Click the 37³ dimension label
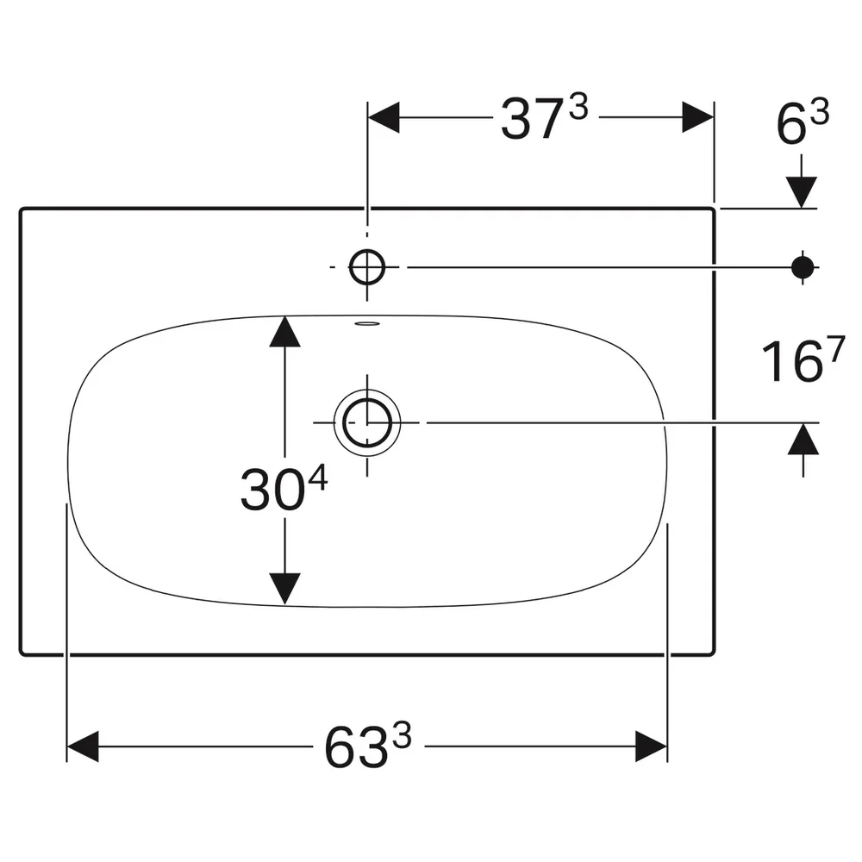pyautogui.click(x=544, y=118)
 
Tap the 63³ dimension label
pyautogui.click(x=367, y=746)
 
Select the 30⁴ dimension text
pyautogui.click(x=284, y=489)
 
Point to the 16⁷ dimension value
pyautogui.click(x=803, y=360)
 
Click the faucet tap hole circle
pyautogui.click(x=367, y=267)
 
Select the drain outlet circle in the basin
pyautogui.click(x=367, y=422)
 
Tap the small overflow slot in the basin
pyautogui.click(x=367, y=323)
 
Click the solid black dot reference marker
pyautogui.click(x=803, y=267)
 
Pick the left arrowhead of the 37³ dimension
pyautogui.click(x=384, y=117)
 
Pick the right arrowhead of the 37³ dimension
pyautogui.click(x=697, y=117)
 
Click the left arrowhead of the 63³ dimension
pyautogui.click(x=83, y=746)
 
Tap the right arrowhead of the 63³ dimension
pyautogui.click(x=651, y=746)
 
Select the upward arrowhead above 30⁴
pyautogui.click(x=284, y=332)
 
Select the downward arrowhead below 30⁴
pyautogui.click(x=284, y=589)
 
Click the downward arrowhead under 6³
pyautogui.click(x=801, y=192)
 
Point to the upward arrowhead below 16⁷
pyautogui.click(x=803, y=439)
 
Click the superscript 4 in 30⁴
pyautogui.click(x=318, y=478)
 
